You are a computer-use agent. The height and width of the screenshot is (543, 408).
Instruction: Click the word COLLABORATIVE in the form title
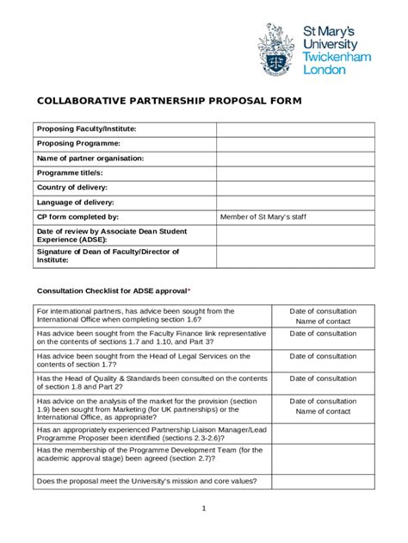click(83, 102)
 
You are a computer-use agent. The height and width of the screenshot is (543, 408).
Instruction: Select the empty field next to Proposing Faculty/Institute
click(295, 129)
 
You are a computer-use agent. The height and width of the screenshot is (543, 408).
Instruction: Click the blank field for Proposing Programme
click(295, 144)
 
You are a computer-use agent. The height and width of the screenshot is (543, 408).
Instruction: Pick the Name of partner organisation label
click(90, 159)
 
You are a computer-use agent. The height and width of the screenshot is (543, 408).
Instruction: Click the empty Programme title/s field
click(295, 173)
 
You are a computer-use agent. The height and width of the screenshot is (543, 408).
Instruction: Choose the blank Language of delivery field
click(295, 203)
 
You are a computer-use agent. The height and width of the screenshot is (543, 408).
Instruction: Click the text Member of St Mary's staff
click(263, 217)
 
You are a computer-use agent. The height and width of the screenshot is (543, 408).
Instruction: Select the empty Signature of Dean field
click(295, 257)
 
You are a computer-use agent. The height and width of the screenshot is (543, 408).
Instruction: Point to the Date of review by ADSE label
click(111, 235)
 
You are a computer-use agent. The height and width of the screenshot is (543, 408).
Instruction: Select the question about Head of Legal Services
click(143, 360)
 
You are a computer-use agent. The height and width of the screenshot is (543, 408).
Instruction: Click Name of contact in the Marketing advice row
click(323, 412)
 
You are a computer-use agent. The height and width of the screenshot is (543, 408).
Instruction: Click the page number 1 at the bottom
click(204, 508)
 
